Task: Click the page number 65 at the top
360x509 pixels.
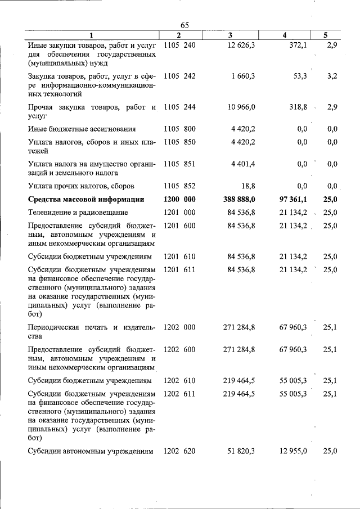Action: click(185, 25)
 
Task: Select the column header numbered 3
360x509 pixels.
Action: click(231, 35)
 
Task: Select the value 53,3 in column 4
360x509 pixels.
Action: click(296, 75)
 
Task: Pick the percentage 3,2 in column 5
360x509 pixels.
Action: click(332, 75)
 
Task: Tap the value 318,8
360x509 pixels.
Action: click(295, 107)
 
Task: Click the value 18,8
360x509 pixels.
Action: click(247, 186)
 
